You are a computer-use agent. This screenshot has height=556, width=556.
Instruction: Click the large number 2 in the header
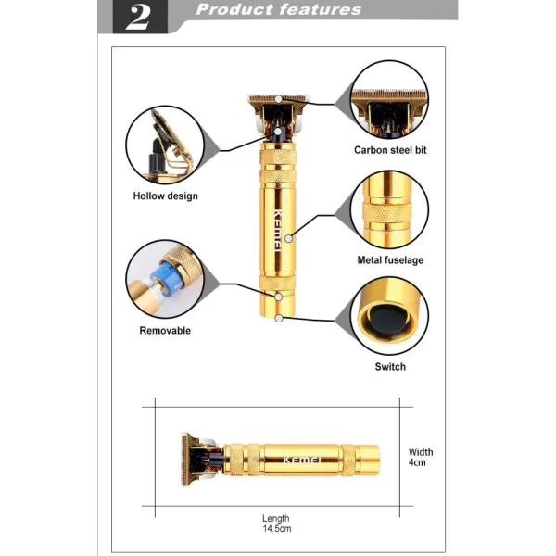click(138, 17)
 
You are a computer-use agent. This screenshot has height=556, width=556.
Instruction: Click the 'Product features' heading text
click(278, 9)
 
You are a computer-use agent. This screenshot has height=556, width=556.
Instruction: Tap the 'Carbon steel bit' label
click(390, 150)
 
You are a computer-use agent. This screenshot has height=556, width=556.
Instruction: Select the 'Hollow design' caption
click(165, 196)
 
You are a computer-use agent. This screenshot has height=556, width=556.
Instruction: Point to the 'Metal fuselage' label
click(390, 260)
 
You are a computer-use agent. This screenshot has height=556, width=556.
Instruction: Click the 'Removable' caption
click(165, 331)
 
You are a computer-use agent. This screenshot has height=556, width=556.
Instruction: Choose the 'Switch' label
click(390, 367)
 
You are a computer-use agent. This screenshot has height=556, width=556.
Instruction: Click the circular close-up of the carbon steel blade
click(389, 99)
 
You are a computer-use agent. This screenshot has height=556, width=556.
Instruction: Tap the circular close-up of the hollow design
click(165, 145)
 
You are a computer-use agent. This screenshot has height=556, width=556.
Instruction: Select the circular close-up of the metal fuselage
click(389, 209)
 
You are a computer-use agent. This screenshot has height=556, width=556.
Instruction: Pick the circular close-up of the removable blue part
click(165, 279)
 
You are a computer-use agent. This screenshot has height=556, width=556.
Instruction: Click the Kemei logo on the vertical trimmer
click(278, 231)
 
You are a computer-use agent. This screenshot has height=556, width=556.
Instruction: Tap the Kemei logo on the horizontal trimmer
click(302, 460)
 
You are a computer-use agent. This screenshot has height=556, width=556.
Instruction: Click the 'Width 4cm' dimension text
click(421, 457)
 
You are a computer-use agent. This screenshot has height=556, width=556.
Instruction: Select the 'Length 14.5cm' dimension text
click(276, 524)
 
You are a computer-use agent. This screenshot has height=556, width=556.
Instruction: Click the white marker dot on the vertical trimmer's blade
click(279, 99)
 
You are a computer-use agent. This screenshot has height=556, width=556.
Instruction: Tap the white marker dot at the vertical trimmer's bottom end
click(279, 319)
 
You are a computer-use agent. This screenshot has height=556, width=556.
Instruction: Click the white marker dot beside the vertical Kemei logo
click(288, 239)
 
